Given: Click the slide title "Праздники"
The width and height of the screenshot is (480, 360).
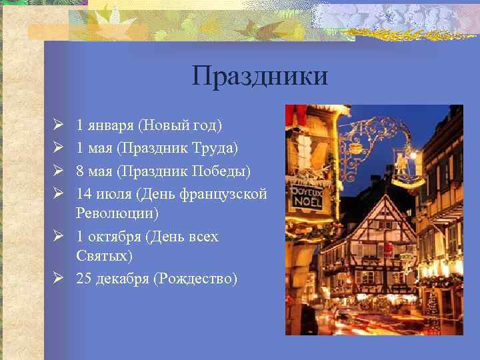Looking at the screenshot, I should [260, 75].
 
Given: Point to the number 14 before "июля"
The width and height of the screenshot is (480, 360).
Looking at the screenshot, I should [84, 194].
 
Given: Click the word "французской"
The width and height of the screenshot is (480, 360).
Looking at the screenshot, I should [227, 194].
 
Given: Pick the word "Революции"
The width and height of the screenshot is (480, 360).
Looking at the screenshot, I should [117, 213].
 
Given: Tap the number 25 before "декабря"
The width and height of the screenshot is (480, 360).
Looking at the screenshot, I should [84, 279].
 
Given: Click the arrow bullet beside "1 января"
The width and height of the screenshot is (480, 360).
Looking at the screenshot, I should [58, 125].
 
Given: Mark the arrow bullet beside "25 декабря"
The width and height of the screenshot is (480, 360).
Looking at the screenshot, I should [58, 279].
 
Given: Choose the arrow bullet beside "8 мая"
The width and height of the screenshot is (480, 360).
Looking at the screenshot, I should [58, 171].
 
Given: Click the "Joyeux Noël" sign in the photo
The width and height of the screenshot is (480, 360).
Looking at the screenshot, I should [307, 198].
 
